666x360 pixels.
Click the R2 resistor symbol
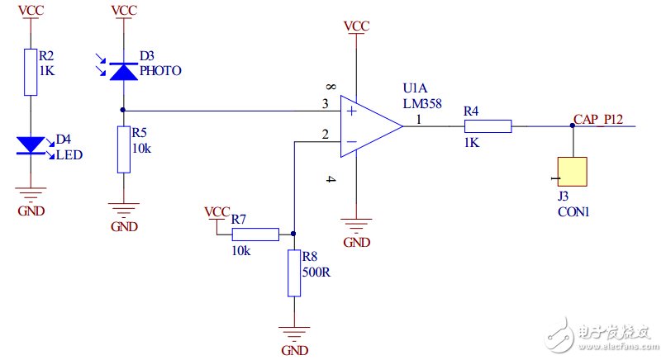pos(31,70)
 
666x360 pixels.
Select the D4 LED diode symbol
pos(31,145)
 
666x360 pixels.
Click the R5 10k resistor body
pos(123,149)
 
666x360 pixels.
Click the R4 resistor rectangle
pos(488,126)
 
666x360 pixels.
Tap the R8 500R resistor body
pos(294,273)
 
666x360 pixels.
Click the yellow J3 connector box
pos(572,172)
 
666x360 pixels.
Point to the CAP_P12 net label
pos(598,120)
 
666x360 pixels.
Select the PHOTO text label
pos(160,71)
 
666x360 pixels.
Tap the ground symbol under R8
pos(294,334)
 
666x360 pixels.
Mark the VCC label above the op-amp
pos(356,26)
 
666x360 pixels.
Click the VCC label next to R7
pos(216,212)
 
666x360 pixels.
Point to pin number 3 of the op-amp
pos(326,103)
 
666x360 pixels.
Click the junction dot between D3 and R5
pos(123,110)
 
